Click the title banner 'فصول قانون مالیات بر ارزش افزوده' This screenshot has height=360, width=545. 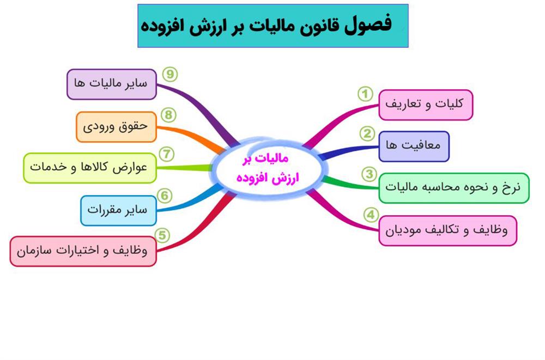point(273,26)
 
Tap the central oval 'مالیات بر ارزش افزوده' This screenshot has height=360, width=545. point(268,169)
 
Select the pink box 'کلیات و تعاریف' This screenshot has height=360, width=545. point(426,105)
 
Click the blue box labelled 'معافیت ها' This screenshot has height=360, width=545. point(414,147)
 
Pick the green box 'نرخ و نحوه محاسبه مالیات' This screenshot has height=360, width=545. point(454,188)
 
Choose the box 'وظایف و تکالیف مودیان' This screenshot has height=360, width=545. point(447,231)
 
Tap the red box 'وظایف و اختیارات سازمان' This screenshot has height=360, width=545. point(83,251)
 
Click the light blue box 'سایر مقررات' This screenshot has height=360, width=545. point(118,211)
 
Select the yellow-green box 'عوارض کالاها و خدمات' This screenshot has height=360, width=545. point(90,168)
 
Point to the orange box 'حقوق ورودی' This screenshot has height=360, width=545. point(117,127)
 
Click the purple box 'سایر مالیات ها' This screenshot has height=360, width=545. point(112,84)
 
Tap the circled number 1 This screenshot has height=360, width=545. point(365,94)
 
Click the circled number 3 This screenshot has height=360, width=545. point(369,174)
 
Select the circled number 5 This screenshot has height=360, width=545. point(162,236)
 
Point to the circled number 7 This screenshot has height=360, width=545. point(166,154)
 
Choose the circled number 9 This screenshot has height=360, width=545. point(170,75)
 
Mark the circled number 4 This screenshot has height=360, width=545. point(371,215)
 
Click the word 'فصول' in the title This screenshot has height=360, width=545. point(368,25)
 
